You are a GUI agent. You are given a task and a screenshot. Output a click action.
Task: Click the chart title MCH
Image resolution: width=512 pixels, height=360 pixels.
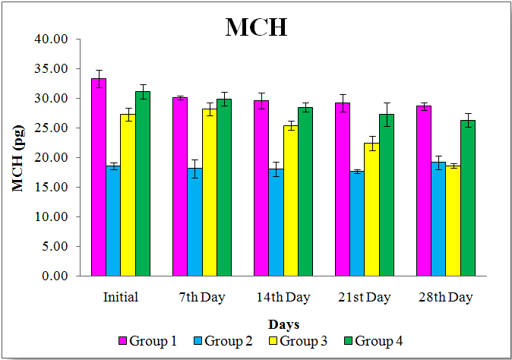coord(256,27)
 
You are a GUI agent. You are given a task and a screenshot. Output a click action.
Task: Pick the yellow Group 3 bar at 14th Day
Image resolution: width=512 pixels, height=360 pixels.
coord(290,201)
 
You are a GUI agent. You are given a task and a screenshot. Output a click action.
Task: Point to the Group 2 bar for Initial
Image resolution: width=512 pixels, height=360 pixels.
coord(113,221)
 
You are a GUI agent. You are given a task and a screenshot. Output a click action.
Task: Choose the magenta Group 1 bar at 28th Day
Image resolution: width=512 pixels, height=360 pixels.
coord(424,191)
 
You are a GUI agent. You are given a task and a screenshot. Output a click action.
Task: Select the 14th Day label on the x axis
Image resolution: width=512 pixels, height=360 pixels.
coord(283,297)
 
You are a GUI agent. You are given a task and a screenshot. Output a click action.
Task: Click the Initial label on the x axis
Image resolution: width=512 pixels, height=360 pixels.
coord(121,297)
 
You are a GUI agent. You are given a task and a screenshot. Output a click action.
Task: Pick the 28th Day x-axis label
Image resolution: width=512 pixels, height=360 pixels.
coord(445,297)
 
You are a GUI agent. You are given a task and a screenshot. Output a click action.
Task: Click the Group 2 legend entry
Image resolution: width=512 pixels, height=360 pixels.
coord(225,341)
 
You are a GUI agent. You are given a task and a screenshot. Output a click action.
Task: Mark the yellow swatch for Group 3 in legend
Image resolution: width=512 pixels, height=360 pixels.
coord(272,342)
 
